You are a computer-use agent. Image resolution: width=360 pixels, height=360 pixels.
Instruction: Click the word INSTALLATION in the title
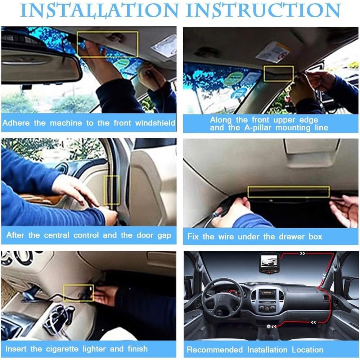[99, 10]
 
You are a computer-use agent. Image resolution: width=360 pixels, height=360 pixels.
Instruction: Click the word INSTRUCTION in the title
[263, 10]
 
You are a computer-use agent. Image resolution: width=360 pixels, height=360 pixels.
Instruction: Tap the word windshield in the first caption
[155, 123]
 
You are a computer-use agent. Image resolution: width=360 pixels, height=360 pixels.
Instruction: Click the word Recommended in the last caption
[215, 350]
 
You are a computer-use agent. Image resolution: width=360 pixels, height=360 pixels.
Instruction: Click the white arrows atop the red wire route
[302, 253]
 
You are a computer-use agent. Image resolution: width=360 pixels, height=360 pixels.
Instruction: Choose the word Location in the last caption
[307, 350]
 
